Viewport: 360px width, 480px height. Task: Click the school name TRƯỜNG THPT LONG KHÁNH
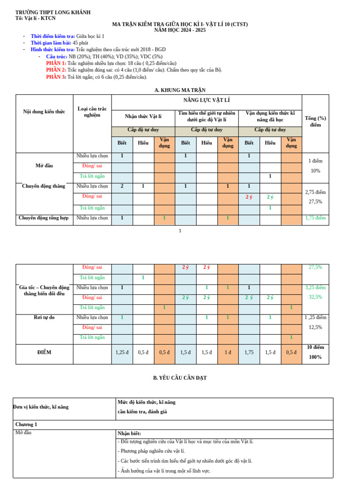point(53,12)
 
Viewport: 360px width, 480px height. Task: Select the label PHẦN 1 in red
point(56,63)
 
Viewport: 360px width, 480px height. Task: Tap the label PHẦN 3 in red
point(56,77)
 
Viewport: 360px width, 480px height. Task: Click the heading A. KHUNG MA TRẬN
point(180,90)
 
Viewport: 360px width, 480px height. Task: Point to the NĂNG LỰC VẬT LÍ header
point(206,100)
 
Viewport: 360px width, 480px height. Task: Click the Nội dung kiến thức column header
point(44,112)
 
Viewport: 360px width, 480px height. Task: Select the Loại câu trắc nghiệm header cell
point(92,112)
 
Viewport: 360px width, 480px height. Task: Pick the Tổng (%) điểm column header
point(315,121)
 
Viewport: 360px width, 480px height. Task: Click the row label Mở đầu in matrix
point(44,166)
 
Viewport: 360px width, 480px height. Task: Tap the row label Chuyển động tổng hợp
point(44,217)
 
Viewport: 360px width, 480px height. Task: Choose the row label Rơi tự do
point(44,317)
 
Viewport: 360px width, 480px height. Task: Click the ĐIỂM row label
point(44,352)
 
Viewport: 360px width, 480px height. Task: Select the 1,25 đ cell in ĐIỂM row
point(122,352)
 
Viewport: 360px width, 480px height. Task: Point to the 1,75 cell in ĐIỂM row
point(249,352)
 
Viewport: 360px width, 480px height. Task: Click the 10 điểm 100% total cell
point(315,352)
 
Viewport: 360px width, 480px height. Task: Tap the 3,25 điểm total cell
point(315,287)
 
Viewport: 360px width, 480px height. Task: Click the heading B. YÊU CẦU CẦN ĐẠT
point(180,378)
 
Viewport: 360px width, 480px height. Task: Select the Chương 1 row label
point(26,425)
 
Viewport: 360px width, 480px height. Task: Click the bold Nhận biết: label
point(129,434)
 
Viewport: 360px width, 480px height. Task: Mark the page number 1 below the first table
point(180,231)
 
